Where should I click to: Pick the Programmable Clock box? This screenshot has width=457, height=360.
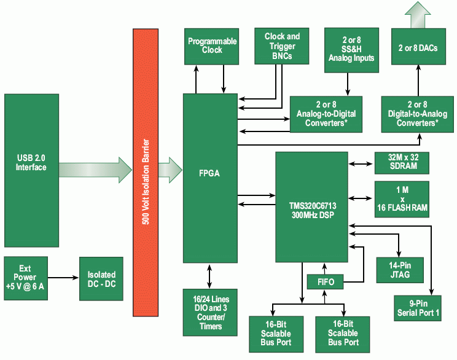tap(212, 45)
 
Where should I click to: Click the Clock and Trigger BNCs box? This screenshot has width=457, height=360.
tap(282, 45)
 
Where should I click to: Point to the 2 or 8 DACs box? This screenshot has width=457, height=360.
tap(418, 48)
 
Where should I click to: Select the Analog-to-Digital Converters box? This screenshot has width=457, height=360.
tap(326, 114)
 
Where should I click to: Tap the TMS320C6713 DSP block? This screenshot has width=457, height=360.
tap(311, 207)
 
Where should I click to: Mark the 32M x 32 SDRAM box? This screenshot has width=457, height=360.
tap(401, 163)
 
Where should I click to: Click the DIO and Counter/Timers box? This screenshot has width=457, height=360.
tap(210, 313)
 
